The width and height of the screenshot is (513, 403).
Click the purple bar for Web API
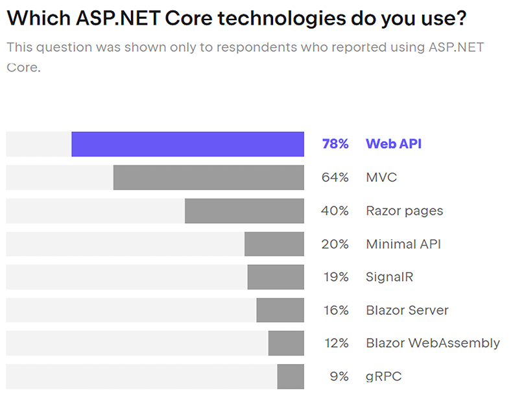[187, 144]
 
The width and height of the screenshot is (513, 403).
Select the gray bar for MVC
[208, 177]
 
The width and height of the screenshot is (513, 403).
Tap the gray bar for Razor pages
[244, 211]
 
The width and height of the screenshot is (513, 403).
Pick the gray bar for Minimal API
[274, 244]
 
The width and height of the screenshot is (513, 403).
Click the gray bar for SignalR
[276, 277]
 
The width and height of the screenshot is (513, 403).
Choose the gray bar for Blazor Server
[280, 310]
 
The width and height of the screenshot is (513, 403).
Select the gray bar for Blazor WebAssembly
[286, 343]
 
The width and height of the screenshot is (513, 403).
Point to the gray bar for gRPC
[290, 376]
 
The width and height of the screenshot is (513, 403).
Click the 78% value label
[335, 144]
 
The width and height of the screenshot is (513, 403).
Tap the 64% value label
[335, 177]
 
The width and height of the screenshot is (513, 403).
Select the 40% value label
[335, 211]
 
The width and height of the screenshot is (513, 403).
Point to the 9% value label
[339, 376]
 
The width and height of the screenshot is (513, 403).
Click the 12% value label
[336, 343]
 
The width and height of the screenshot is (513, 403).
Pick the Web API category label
[394, 144]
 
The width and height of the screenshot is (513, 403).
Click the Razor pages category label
[405, 211]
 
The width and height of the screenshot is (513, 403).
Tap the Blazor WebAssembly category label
[433, 343]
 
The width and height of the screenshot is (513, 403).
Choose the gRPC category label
[383, 376]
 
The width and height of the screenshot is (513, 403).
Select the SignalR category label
[389, 277]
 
